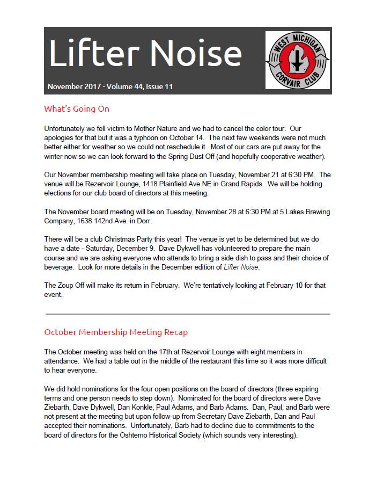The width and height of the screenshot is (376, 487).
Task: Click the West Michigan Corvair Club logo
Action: click(298, 60)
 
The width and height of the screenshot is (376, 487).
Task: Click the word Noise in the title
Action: click(195, 54)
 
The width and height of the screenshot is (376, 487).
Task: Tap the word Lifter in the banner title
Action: click(92, 54)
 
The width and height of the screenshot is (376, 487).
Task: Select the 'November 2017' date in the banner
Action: click(73, 86)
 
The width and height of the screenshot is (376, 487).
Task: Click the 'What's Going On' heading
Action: click(76, 109)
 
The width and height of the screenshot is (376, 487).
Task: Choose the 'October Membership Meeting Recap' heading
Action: click(116, 332)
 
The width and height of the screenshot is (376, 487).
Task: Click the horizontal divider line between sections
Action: click(187, 314)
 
